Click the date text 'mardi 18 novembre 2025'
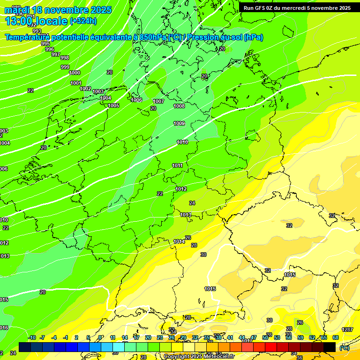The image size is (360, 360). click(58, 10)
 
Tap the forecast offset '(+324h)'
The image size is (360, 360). click(83, 21)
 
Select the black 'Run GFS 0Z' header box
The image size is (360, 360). click(297, 7)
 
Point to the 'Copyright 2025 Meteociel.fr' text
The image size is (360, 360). click(199, 356)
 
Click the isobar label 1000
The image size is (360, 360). click(75, 73)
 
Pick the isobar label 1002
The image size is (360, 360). click(85, 89)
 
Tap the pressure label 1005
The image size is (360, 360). click(113, 105)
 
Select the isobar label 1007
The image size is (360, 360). click(158, 101)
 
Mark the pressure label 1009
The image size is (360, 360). click(179, 123)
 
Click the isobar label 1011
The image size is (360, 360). click(177, 165)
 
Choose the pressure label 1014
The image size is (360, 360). click(179, 241)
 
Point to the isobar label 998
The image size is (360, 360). click(65, 58)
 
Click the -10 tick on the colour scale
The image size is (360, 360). click(32, 337)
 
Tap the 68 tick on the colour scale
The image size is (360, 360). click(336, 337)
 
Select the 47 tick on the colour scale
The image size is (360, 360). click(254, 337)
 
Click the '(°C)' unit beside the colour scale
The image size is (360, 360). click(344, 347)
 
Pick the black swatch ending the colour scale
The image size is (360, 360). click(330, 347)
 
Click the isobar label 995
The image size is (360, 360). click(45, 44)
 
